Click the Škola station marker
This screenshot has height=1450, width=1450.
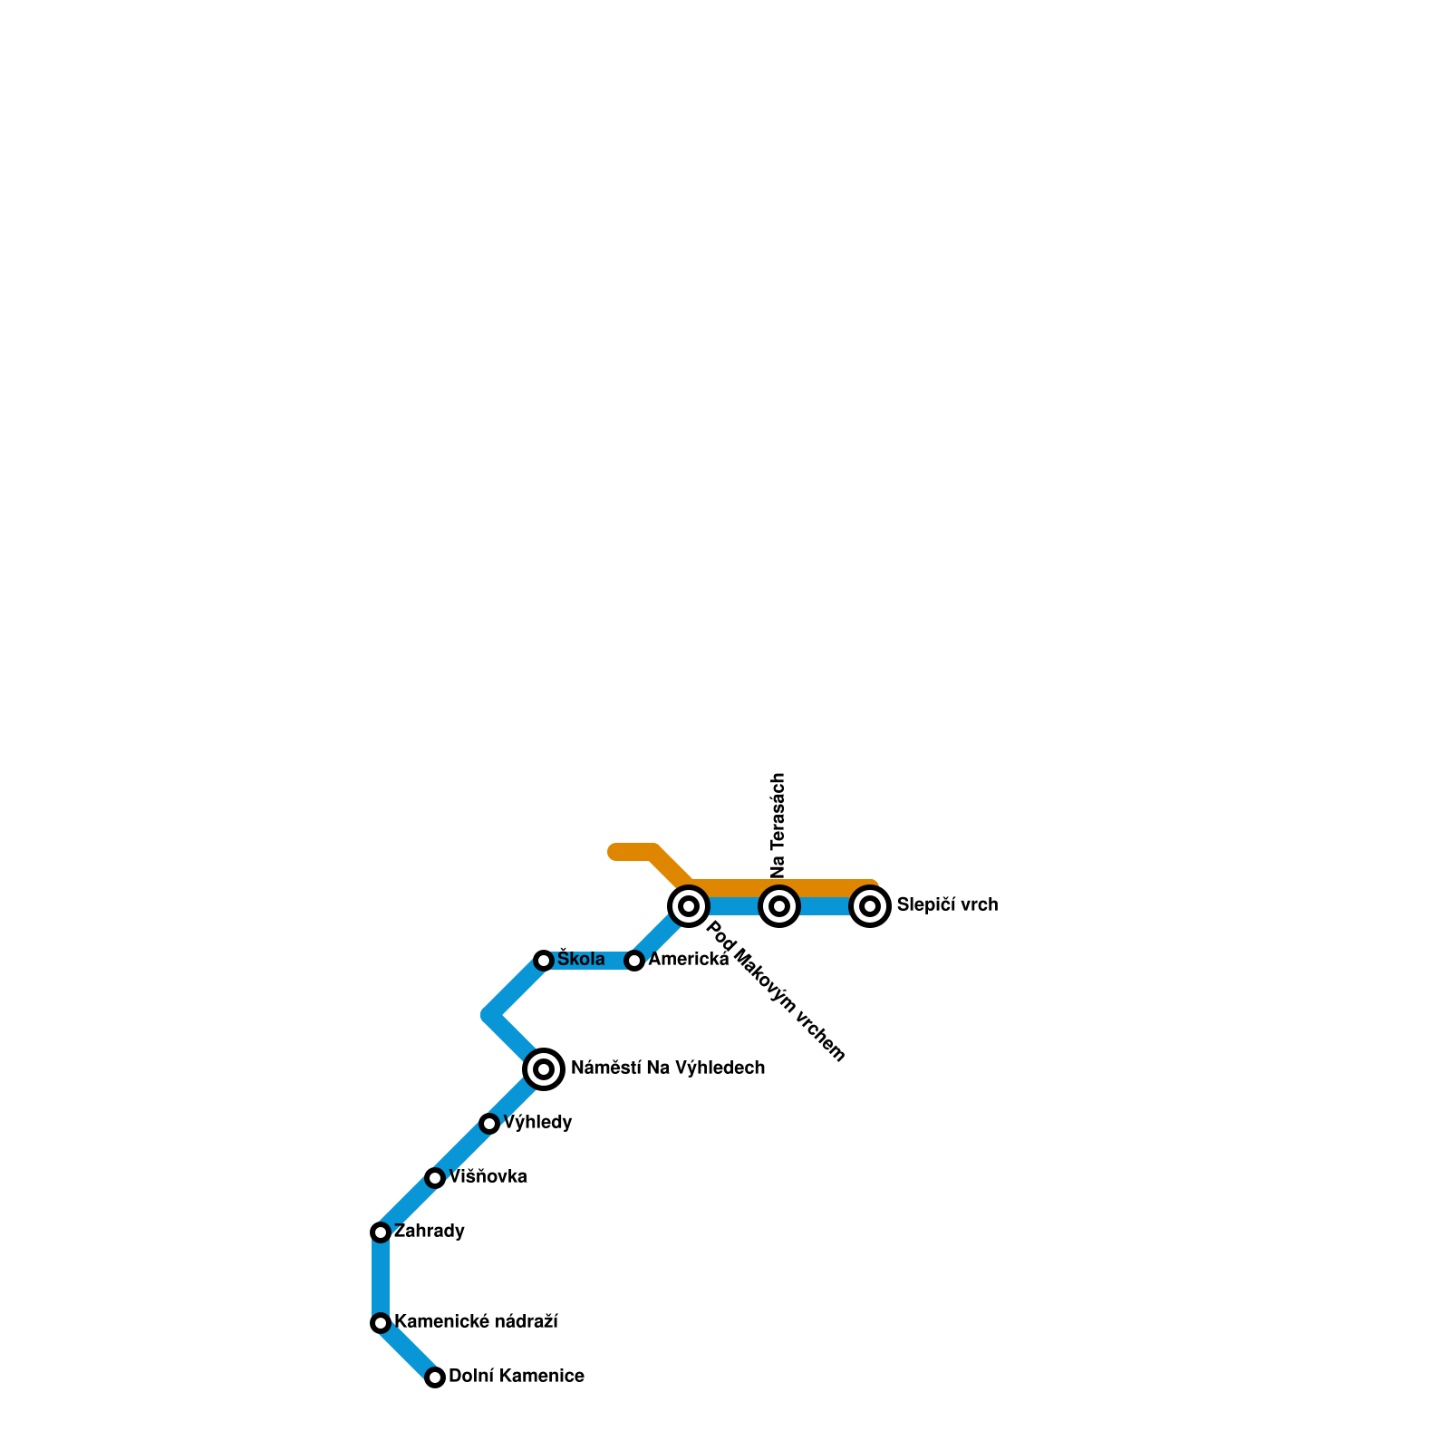[x=544, y=961]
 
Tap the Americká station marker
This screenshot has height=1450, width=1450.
[x=634, y=961]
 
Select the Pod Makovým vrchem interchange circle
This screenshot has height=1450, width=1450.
[x=689, y=906]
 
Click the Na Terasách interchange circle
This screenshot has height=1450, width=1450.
[x=779, y=906]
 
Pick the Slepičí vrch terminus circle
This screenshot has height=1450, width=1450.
[x=870, y=906]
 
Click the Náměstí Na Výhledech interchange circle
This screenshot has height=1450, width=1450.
[x=544, y=1069]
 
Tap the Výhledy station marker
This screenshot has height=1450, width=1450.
[x=489, y=1124]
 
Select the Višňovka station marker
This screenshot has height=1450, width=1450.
[x=435, y=1178]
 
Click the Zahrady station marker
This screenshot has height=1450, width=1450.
[x=381, y=1232]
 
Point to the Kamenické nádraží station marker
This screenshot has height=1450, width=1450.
[x=381, y=1323]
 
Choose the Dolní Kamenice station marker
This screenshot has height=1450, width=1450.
[x=435, y=1377]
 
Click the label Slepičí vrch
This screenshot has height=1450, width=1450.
[x=947, y=905]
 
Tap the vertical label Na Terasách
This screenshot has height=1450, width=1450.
[x=778, y=825]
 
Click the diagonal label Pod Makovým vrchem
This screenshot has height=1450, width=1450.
[x=776, y=991]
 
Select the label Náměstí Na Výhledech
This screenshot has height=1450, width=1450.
[x=668, y=1068]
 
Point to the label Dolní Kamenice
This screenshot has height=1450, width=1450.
[x=517, y=1377]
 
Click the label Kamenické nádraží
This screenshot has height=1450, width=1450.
[x=476, y=1322]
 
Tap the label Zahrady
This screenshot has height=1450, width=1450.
[x=430, y=1232]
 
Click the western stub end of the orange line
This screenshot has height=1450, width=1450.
[x=614, y=852]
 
